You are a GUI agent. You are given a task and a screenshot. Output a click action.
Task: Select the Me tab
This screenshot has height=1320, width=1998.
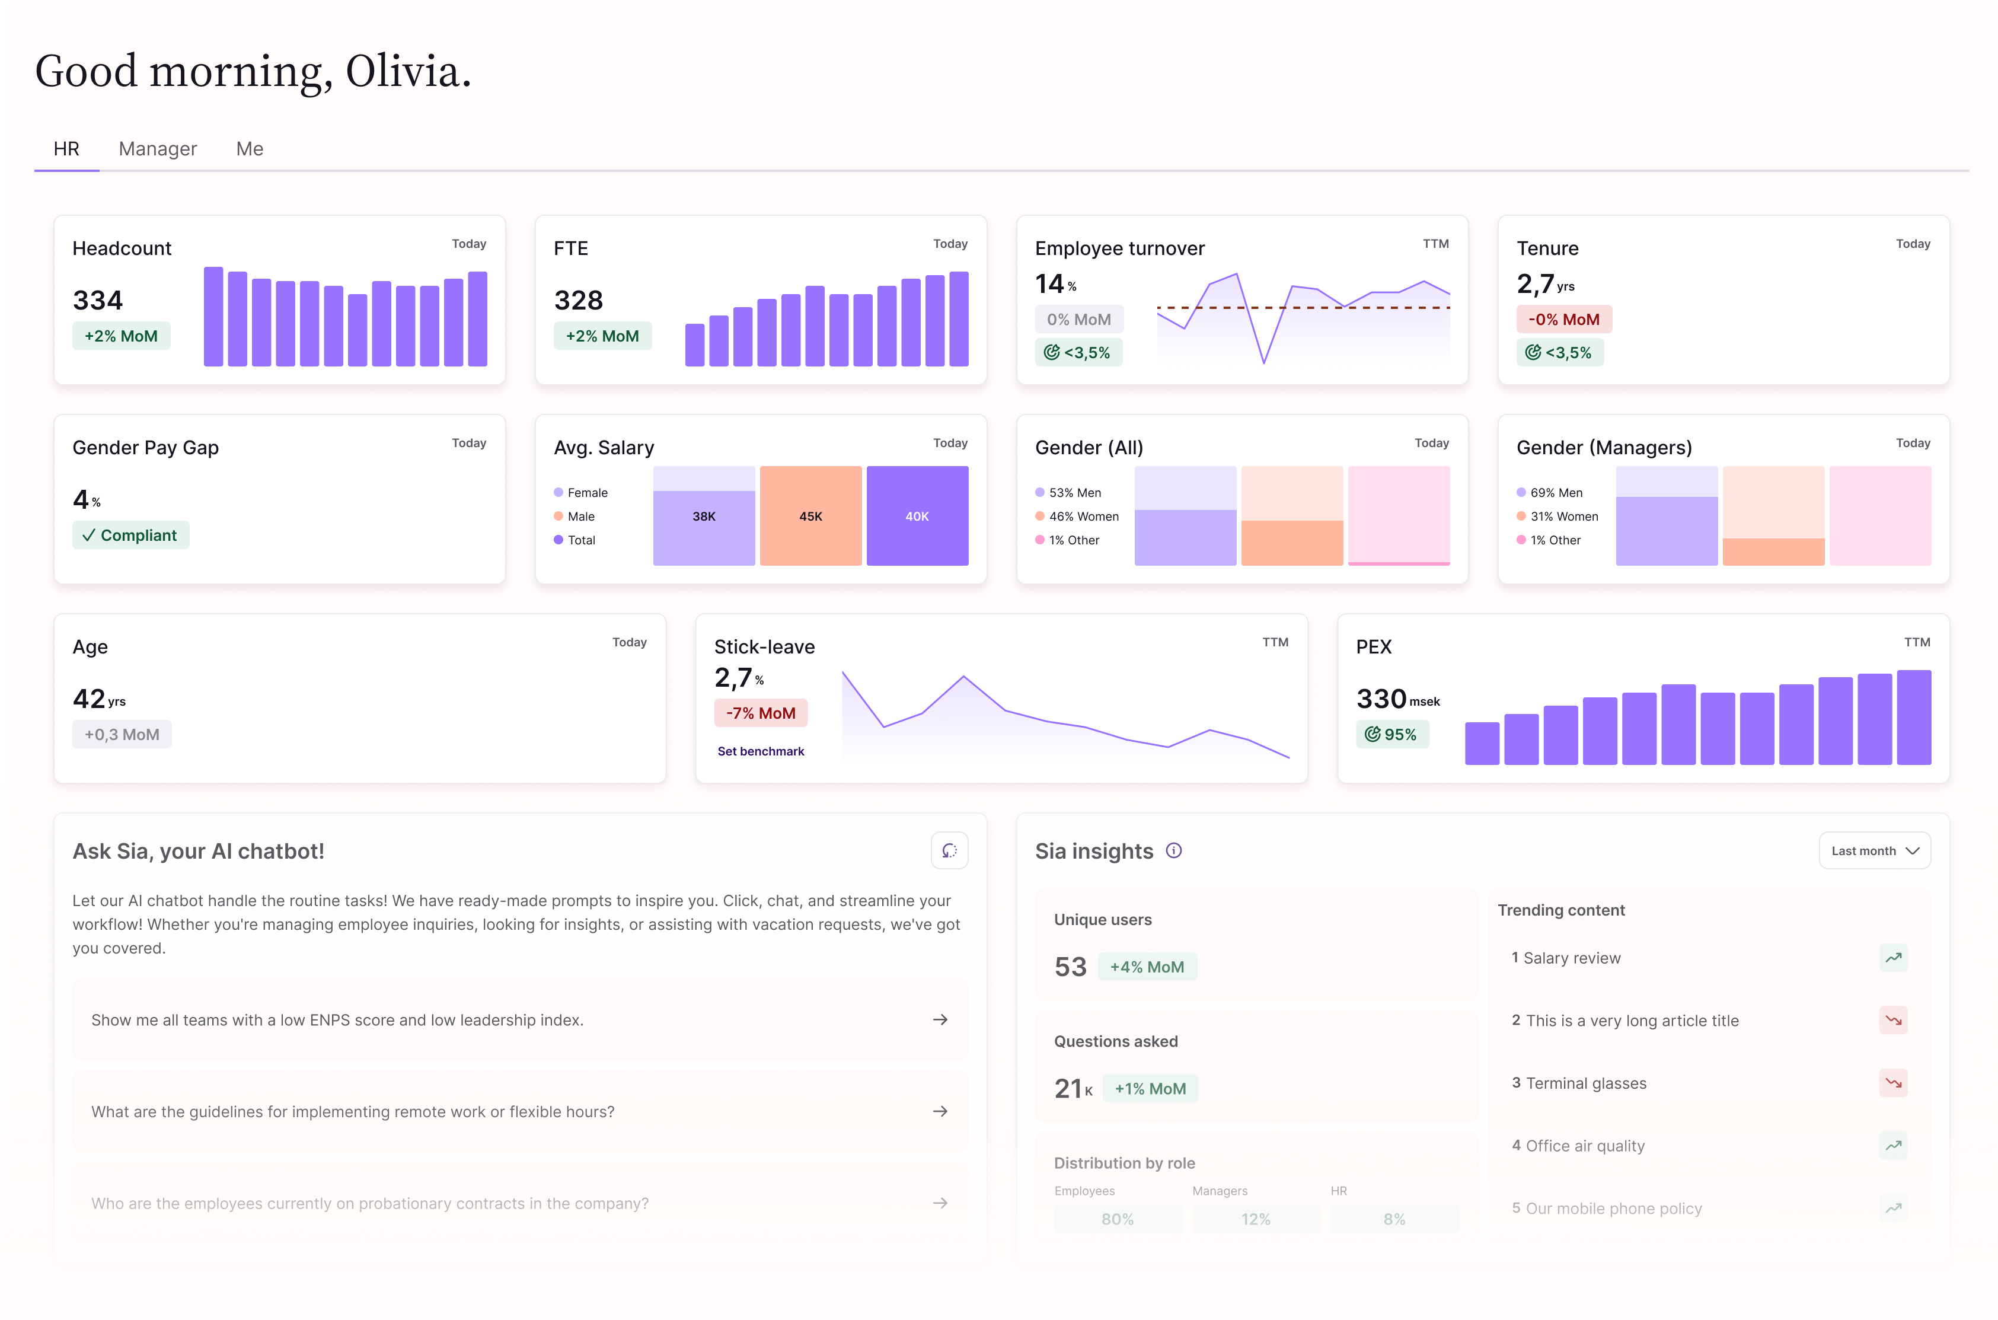[249, 149]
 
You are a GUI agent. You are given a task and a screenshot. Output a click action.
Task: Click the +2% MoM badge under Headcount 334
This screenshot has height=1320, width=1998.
[121, 336]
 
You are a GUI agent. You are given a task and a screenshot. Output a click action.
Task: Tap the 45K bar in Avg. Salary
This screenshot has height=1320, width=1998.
[810, 516]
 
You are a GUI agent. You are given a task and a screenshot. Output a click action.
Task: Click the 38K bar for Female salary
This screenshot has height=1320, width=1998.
[704, 516]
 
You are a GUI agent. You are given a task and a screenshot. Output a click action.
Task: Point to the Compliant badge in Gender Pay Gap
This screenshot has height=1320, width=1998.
[130, 535]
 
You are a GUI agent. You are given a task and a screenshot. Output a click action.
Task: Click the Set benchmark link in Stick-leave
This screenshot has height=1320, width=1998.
[760, 751]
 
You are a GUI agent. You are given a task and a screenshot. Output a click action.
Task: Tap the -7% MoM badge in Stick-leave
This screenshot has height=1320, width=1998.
[760, 713]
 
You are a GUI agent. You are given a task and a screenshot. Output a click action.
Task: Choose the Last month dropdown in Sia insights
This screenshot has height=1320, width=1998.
[1874, 851]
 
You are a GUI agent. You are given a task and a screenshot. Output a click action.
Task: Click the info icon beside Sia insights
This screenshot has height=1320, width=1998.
[1173, 850]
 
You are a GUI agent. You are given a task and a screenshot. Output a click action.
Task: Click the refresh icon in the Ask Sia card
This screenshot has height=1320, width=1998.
[949, 850]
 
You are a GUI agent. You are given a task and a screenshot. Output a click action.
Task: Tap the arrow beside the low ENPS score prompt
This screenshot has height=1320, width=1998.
[940, 1019]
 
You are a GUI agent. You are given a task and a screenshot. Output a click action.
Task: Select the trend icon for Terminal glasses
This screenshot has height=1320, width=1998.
[1893, 1083]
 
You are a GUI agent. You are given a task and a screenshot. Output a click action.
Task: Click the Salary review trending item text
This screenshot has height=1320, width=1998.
[1571, 958]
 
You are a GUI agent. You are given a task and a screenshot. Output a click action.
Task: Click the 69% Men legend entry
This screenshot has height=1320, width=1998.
[1555, 492]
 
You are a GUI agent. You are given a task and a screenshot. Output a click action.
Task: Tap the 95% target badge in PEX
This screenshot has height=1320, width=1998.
[1391, 734]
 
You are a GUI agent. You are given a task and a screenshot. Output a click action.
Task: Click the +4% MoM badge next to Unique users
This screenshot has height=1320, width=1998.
[1146, 967]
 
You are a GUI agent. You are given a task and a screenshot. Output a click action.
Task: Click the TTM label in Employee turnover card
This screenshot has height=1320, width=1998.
[1435, 243]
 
